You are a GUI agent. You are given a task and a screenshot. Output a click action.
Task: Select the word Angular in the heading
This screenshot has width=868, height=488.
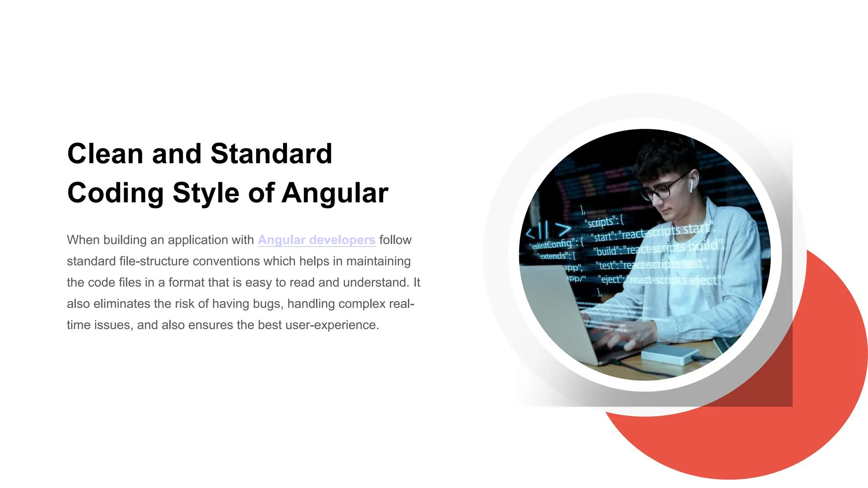335,193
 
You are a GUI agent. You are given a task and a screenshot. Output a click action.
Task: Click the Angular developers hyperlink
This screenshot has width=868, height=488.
316,240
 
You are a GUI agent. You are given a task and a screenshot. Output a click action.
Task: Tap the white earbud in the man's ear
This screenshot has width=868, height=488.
691,185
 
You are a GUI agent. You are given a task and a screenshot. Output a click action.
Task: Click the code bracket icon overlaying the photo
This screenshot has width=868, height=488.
548,230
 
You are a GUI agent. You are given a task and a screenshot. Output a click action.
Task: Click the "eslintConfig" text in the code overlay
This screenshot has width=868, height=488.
553,244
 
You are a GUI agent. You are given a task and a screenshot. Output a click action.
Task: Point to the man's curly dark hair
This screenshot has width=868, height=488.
665,157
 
